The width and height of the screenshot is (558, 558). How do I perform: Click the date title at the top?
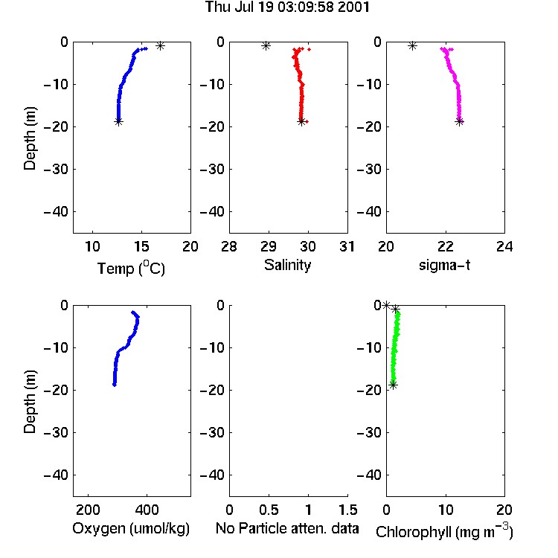287,7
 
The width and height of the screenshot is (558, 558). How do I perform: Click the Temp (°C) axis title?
131,268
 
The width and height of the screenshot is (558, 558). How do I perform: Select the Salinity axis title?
287,265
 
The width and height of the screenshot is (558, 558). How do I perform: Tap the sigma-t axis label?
444,265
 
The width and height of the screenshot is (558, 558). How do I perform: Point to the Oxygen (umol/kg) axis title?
131,528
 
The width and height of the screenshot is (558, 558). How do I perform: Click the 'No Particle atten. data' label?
287,528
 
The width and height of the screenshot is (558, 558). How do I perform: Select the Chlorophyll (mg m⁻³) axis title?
444,531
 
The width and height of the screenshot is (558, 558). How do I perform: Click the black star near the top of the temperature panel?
160,45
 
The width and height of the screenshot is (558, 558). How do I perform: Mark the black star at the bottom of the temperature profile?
118,122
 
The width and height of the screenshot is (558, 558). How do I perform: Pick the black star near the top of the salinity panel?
266,45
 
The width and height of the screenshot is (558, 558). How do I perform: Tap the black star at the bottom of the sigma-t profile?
460,122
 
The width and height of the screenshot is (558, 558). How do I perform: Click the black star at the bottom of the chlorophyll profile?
393,385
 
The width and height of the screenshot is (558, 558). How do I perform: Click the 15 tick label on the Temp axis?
141,246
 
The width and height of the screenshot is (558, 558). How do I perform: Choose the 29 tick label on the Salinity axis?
269,246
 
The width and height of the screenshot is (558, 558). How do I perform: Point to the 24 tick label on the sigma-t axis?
504,246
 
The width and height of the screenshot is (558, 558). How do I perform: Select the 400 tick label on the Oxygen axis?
147,510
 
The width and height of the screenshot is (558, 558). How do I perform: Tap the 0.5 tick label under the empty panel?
269,510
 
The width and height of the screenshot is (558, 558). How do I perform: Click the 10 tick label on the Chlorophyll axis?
446,510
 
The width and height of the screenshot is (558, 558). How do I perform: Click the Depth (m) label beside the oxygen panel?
30,402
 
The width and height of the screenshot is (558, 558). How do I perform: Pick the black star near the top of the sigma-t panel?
412,45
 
